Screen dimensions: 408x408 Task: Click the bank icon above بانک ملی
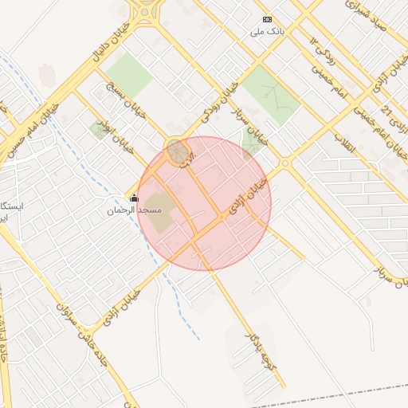267,20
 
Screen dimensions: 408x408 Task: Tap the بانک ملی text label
267,32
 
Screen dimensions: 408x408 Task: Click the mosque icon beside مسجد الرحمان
133,198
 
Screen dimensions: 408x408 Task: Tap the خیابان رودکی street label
219,102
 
